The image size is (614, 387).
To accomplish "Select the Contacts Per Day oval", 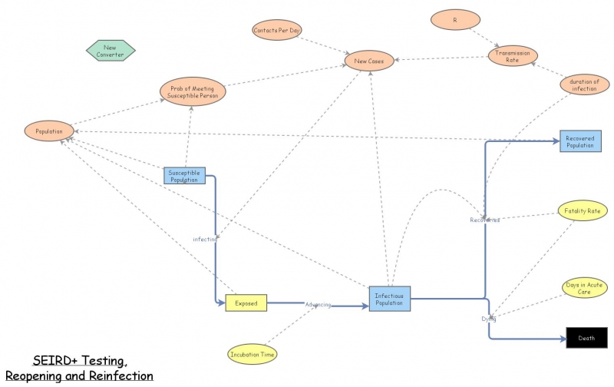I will [277, 31].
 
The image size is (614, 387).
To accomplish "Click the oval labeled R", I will [456, 18].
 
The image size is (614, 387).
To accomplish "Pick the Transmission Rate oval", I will [513, 55].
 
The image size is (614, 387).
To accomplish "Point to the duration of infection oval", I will [584, 84].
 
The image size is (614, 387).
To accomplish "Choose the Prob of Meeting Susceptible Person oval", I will [193, 91].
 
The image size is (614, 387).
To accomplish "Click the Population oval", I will [49, 131].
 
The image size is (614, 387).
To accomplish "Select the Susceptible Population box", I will [184, 175].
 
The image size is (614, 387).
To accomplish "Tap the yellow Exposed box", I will [246, 303].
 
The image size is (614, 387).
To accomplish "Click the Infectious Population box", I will [390, 297].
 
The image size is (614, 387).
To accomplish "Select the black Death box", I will [586, 337].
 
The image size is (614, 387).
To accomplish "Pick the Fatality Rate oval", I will [583, 210].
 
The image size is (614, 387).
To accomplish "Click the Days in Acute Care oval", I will [583, 288].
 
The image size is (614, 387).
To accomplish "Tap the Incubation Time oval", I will [253, 354].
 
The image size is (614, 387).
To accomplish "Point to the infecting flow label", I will [205, 239].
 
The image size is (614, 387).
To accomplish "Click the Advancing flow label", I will [319, 305].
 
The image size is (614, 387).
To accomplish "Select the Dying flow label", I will [488, 318].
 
